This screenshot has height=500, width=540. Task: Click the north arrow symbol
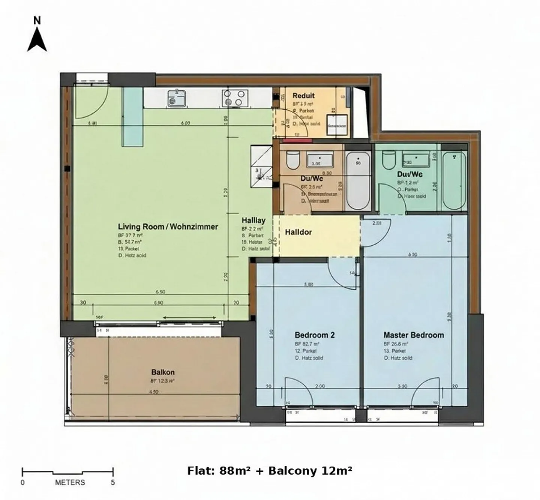pyautogui.click(x=37, y=39)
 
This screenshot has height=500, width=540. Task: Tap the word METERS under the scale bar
pyautogui.click(x=70, y=482)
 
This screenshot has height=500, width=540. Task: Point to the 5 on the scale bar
pyautogui.click(x=113, y=482)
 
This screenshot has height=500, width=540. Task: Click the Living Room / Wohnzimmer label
pyautogui.click(x=168, y=227)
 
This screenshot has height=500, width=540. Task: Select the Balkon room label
pyautogui.click(x=163, y=372)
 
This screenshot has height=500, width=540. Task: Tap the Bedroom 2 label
pyautogui.click(x=314, y=335)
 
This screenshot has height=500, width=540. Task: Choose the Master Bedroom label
pyautogui.click(x=413, y=335)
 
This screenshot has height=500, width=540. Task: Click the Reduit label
pyautogui.click(x=303, y=96)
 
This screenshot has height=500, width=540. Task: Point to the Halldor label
pyautogui.click(x=298, y=232)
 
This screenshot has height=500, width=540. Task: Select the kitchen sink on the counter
pyautogui.click(x=177, y=98)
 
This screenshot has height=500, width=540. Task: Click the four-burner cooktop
pyautogui.click(x=235, y=98)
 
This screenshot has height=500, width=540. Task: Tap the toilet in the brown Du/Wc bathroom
pyautogui.click(x=292, y=160)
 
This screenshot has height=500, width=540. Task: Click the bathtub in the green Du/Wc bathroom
pyautogui.click(x=454, y=181)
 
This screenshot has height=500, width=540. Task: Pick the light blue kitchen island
pyautogui.click(x=133, y=116)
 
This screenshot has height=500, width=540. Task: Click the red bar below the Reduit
pyautogui.click(x=297, y=141)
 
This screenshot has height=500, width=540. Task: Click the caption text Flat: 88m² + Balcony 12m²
pyautogui.click(x=270, y=470)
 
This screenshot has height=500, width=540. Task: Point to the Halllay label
pyautogui.click(x=253, y=221)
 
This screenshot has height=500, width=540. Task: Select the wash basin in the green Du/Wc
pyautogui.click(x=415, y=160)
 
